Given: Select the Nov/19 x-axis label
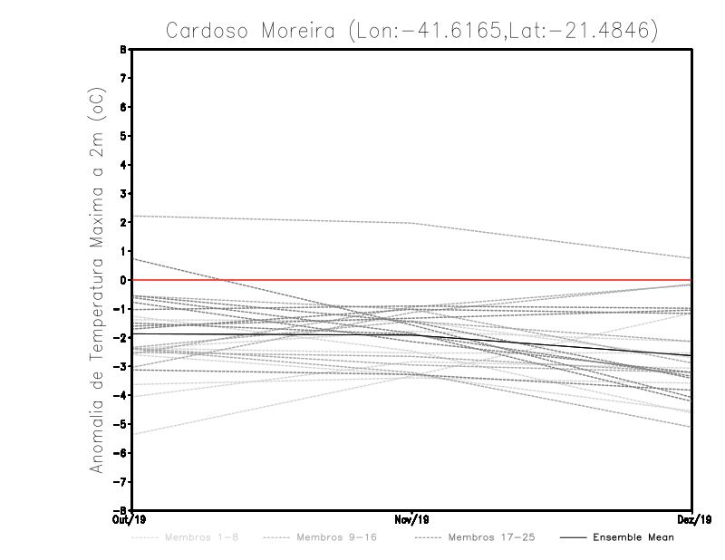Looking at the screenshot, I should point(412,520).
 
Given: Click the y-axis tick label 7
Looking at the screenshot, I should point(123,78).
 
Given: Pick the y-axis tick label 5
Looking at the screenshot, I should point(123,136).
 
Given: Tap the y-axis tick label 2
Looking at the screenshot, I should point(123,222).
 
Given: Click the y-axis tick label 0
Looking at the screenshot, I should point(123,280).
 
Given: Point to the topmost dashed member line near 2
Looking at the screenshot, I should point(272,219).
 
